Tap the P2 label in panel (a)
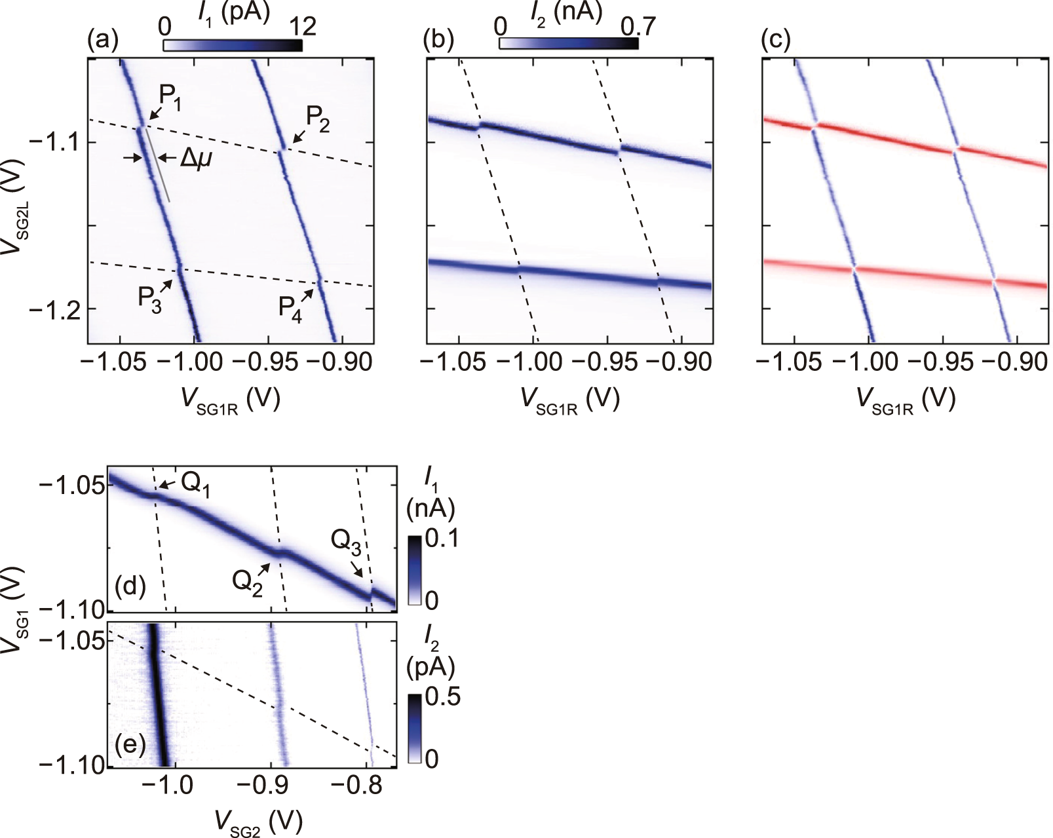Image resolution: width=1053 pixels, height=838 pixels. [318, 120]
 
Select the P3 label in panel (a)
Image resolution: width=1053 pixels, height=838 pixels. [149, 300]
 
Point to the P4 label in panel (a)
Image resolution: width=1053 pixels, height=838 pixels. [290, 307]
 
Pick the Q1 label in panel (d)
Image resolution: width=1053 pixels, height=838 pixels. [195, 485]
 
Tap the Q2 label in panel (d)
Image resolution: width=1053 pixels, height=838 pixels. [248, 582]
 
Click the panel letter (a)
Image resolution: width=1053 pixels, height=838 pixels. [103, 41]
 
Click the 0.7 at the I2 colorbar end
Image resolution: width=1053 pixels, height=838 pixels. [638, 26]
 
